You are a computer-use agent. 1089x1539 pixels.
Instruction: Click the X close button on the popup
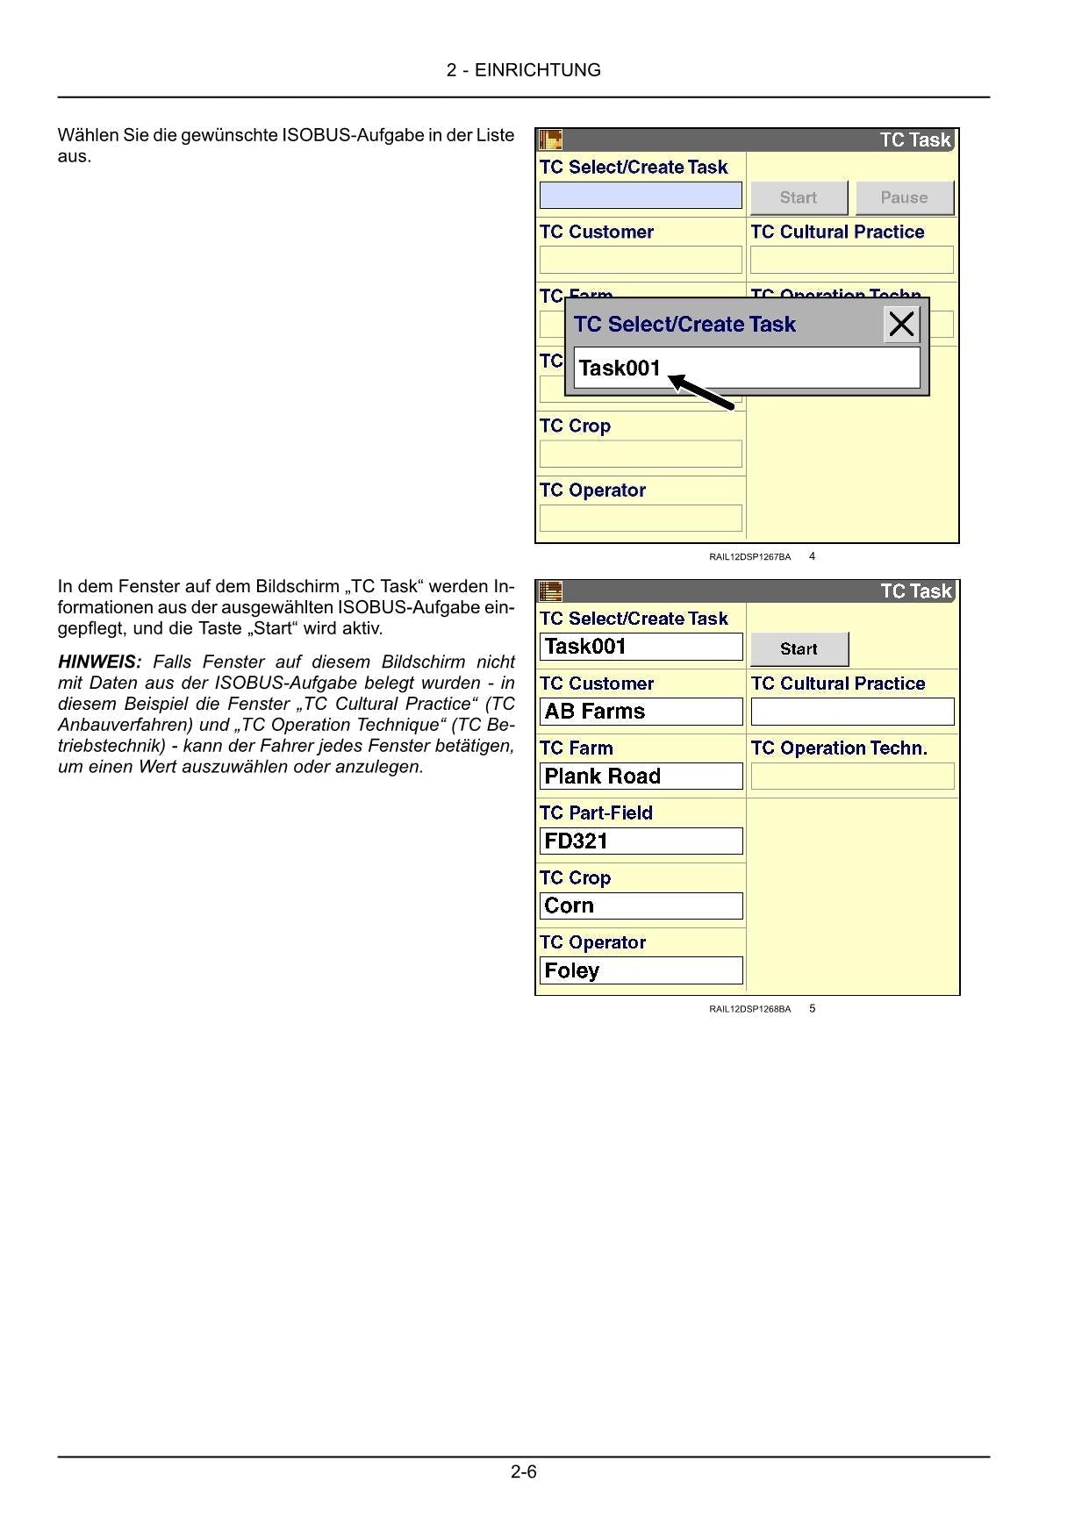(901, 325)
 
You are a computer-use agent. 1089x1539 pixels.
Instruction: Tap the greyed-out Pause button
(904, 197)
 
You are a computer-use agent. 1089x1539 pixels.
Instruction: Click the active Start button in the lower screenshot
(799, 649)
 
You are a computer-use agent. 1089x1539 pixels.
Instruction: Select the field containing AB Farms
(641, 712)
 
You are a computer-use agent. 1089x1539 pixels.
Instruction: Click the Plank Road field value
(641, 777)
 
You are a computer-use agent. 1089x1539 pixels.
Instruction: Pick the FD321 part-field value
(641, 841)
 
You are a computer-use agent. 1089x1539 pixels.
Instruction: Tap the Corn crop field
(641, 906)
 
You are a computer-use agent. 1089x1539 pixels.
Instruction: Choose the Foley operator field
(641, 970)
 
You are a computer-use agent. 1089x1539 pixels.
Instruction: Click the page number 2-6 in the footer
(524, 1472)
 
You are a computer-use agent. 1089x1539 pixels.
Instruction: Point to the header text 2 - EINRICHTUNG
(524, 70)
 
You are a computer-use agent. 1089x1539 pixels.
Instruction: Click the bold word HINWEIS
(99, 662)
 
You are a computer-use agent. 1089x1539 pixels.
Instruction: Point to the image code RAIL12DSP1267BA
(749, 557)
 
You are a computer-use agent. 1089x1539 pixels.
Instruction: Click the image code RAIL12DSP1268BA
(749, 1009)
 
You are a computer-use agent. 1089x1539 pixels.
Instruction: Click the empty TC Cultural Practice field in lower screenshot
(852, 712)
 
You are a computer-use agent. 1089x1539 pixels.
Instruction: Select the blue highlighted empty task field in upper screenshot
(641, 195)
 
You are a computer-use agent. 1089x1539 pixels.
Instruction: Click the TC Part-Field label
(596, 813)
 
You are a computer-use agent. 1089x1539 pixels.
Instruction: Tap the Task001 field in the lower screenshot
(641, 647)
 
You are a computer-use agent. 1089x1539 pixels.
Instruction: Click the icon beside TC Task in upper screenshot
(550, 140)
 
